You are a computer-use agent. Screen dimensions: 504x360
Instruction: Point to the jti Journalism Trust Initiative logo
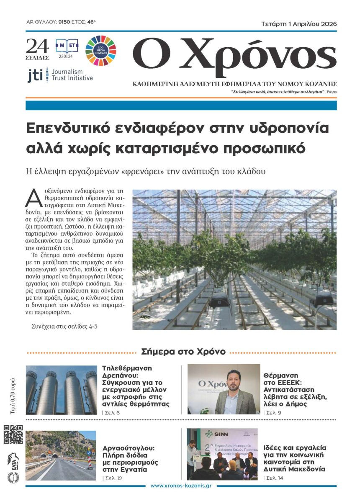tap(60, 75)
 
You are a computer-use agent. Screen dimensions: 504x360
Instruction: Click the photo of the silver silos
tap(61, 390)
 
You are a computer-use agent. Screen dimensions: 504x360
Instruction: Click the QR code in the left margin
tap(13, 434)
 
